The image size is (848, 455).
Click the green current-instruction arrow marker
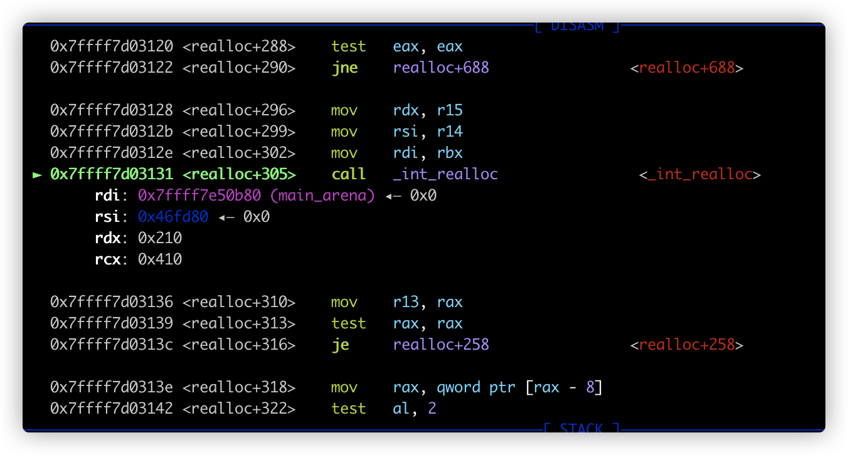[x=37, y=175]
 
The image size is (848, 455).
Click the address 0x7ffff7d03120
[x=112, y=46]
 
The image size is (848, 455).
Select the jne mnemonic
[x=344, y=68]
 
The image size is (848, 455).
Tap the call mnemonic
[x=348, y=174]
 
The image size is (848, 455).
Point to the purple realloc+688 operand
[x=441, y=68]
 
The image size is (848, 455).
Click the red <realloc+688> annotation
[x=687, y=68]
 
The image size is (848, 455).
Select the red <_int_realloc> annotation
[x=700, y=175]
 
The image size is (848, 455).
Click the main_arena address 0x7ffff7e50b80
[x=199, y=196]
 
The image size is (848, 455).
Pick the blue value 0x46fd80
[x=173, y=217]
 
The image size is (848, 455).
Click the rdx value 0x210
[x=160, y=238]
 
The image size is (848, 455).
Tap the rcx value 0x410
[x=160, y=259]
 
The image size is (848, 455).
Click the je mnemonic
[x=341, y=345]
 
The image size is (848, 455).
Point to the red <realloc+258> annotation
[x=687, y=345]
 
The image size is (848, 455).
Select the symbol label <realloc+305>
[x=239, y=174]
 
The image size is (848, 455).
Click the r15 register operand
[x=450, y=110]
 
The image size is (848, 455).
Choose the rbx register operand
[x=450, y=153]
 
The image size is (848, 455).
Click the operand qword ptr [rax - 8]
[x=519, y=388]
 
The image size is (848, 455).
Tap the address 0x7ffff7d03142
[x=112, y=409]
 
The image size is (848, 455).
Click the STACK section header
[x=581, y=428]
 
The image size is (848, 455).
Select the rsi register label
[x=107, y=217]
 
